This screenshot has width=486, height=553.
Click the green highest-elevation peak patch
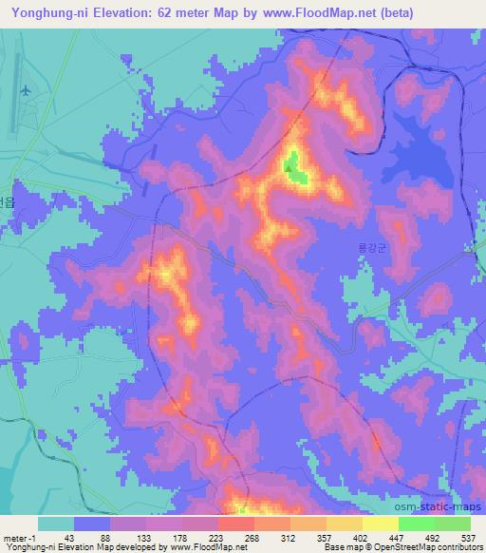(294, 171)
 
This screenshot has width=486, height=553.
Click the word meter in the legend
(14, 537)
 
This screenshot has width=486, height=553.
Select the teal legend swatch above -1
(56, 524)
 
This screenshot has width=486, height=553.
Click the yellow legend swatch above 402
(344, 524)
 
